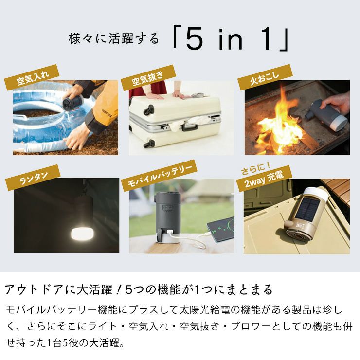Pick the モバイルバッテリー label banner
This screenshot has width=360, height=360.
point(159,177)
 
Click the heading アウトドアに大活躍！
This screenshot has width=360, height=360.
point(63,290)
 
